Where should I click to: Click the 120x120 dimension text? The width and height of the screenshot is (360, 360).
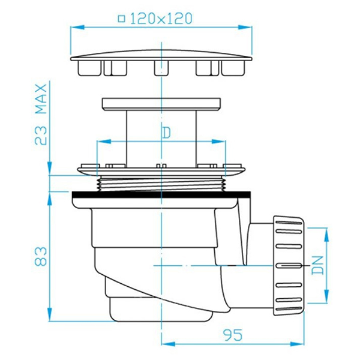(161, 19)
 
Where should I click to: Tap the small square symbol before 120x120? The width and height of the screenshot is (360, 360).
(121, 19)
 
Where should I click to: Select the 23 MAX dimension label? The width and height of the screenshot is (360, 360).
(41, 115)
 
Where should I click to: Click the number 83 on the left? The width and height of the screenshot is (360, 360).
(41, 256)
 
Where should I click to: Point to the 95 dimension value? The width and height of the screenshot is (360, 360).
(233, 335)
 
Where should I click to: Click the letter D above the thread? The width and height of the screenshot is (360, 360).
(166, 133)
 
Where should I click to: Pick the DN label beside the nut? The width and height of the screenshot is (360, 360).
(317, 265)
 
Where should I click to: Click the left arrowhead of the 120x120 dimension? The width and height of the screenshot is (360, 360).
(77, 27)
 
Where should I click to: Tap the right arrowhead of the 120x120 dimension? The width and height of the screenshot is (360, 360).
(245, 27)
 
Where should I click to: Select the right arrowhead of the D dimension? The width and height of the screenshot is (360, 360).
(218, 141)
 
